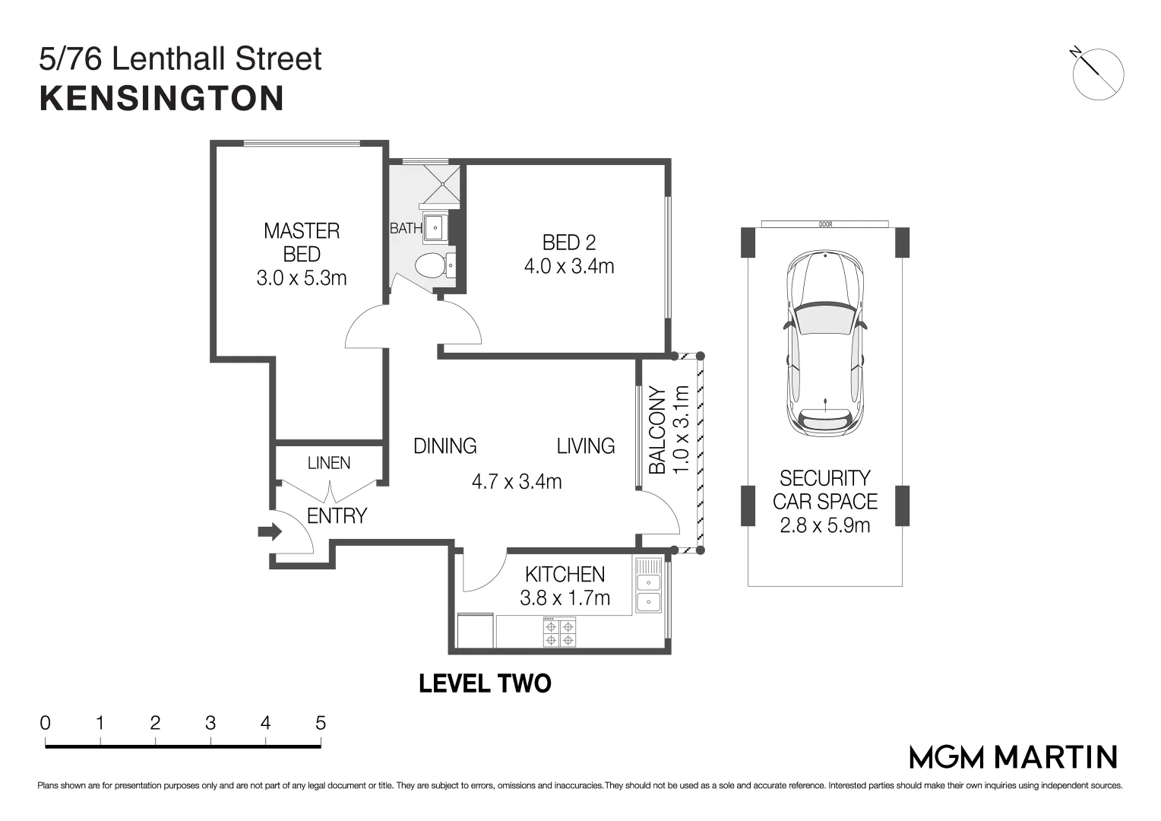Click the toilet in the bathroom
coord(430,266)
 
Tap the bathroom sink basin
coord(435,227)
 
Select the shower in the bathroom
coord(441,184)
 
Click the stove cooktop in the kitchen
coord(559,632)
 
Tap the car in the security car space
coord(825,344)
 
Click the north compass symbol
coord(1097,74)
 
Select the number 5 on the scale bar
coord(320,722)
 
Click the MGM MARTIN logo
coord(1013,756)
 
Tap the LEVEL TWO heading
coord(485,683)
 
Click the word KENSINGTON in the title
coord(162,99)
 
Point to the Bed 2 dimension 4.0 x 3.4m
coord(568,266)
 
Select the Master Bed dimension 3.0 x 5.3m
coord(302,278)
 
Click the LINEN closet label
coord(329,463)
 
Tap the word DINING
coord(444,445)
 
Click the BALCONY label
coord(657,430)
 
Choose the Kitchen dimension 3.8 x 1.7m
coord(565,598)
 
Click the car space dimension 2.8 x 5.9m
coord(824,525)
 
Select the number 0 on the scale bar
coord(46,722)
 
